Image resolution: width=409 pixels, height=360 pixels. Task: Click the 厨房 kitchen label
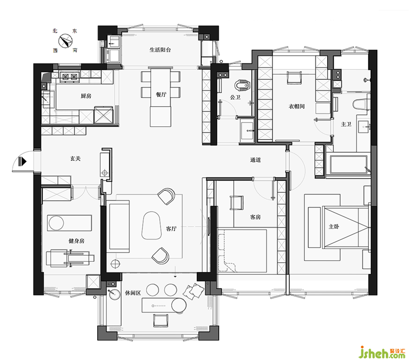coord(86,96)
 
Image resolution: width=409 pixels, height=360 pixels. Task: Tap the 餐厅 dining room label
coord(161,95)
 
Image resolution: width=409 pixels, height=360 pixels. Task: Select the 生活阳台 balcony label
coord(160,50)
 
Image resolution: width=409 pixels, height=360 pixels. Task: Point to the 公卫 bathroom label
coord(235,97)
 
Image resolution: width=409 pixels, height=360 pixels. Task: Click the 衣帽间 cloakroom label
coord(297,106)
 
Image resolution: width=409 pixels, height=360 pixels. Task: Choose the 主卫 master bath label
coord(346,124)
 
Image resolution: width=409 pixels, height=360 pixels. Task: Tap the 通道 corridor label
coord(255,160)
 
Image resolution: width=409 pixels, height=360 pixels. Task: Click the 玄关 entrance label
coord(75,159)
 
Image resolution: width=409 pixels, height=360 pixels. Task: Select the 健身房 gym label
coord(76,240)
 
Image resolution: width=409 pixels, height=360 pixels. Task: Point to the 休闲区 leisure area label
coord(133,292)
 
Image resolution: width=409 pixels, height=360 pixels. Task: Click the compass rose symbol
coord(65,41)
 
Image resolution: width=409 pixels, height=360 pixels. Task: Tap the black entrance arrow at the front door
coord(22,162)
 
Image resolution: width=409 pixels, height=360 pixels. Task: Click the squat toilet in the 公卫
coord(242,84)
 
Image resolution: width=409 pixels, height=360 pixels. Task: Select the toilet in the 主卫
coord(361,104)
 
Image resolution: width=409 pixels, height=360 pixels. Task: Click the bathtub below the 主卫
coord(349,164)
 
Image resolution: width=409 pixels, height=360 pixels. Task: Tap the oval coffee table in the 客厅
coord(151,225)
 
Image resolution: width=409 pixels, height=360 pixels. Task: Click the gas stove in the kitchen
coord(70,77)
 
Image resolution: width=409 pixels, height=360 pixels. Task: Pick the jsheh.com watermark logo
coord(382,352)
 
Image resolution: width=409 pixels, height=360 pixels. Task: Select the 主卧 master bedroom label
coord(334,227)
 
